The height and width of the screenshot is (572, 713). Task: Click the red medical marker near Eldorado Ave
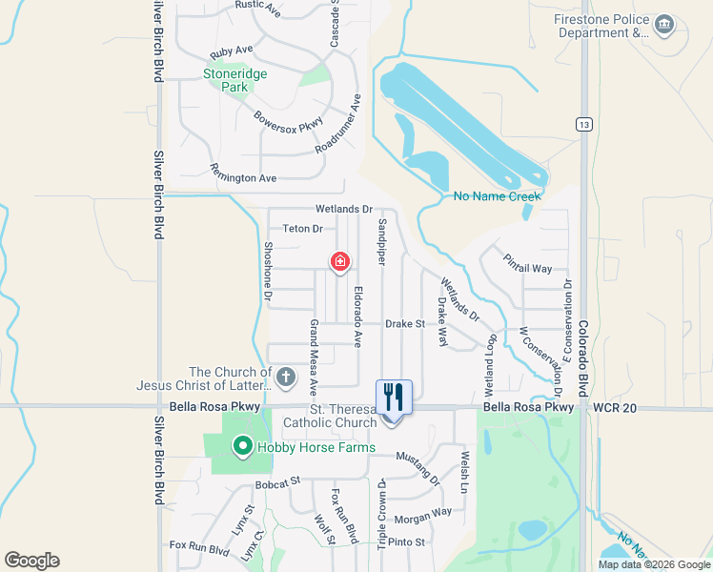[339, 261]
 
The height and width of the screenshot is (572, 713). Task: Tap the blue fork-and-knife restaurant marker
[394, 396]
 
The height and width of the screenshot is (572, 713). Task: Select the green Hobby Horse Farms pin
[242, 445]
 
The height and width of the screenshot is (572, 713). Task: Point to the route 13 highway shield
[583, 124]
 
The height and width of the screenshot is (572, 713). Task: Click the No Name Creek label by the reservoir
[497, 196]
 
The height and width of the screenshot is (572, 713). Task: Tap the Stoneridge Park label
[234, 80]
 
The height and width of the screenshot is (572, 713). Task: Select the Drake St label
[404, 324]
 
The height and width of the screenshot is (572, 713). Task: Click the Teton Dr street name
[303, 229]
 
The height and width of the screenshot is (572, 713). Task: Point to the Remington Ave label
[243, 178]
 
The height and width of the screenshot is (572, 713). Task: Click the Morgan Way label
[422, 516]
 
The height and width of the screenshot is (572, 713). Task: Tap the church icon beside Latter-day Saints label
[284, 378]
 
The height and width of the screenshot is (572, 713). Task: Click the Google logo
[31, 561]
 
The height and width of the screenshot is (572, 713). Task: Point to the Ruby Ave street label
[232, 51]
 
